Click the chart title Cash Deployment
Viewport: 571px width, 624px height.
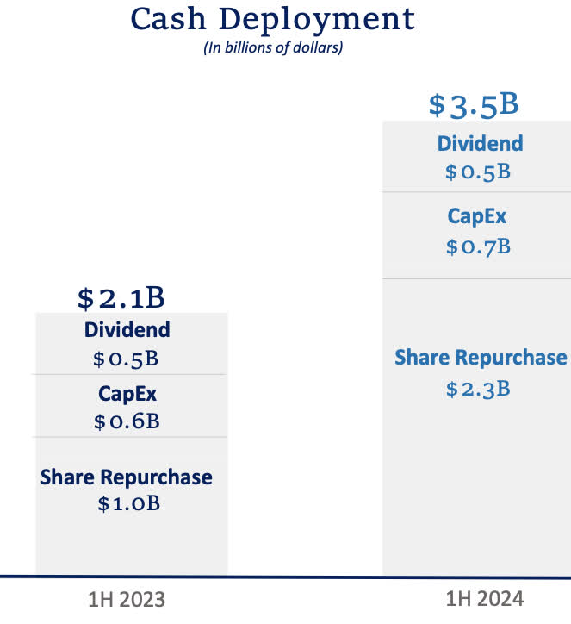coord(272,19)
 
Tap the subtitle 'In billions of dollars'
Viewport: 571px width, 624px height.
coord(273,48)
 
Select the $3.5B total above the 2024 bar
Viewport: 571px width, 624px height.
coord(474,105)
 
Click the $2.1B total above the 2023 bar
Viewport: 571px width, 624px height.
coord(121,298)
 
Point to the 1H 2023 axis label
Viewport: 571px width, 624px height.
coord(126,599)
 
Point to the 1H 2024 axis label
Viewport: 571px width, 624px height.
coord(485,599)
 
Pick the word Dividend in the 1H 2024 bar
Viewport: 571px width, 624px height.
coord(480,143)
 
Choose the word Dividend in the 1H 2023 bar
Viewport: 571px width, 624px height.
coord(127,329)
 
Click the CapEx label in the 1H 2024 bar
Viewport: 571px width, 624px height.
coord(478,217)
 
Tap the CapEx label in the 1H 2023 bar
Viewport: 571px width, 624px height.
coord(127,394)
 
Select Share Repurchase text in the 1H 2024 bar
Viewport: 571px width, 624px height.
coord(481,358)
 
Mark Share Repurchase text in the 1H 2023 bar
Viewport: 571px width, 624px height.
coord(127,477)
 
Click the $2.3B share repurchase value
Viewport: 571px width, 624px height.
coord(478,389)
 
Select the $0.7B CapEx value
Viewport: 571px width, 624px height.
coord(478,247)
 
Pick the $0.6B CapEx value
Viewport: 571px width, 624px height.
coord(127,422)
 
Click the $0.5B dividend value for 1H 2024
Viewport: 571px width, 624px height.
coord(478,172)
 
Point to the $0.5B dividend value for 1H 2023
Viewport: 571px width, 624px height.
coord(127,359)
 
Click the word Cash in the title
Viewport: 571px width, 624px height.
coord(168,19)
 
